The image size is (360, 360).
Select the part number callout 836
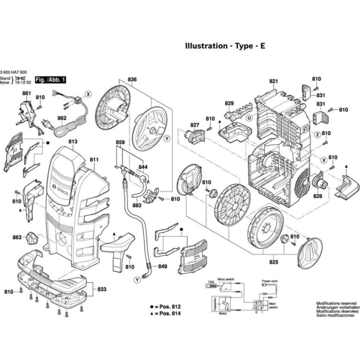(132, 80)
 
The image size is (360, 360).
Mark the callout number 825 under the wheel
(273, 262)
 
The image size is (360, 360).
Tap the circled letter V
(166, 138)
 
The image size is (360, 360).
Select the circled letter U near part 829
(248, 118)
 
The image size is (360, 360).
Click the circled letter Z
(317, 133)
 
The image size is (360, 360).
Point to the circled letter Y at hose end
(136, 280)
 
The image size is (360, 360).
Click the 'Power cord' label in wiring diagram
(269, 281)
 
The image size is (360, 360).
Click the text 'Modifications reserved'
(336, 303)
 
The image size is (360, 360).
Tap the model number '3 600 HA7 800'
(14, 72)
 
